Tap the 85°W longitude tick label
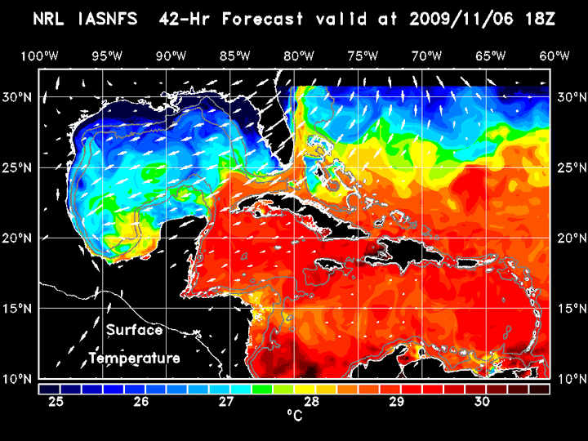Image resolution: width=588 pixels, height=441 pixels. pyautogui.click(x=234, y=56)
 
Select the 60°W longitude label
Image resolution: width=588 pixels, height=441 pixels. pyautogui.click(x=555, y=56)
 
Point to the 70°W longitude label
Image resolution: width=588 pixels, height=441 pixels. pyautogui.click(x=426, y=56)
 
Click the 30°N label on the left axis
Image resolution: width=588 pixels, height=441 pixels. pyautogui.click(x=18, y=96)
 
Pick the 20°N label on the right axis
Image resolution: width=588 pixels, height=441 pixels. pyautogui.click(x=571, y=238)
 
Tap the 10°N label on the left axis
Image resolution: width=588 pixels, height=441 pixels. pyautogui.click(x=18, y=379)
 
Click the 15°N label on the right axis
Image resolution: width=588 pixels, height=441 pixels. pyautogui.click(x=571, y=309)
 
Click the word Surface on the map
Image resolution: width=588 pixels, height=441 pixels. pyautogui.click(x=134, y=331)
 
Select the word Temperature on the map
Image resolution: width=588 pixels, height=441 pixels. pyautogui.click(x=134, y=359)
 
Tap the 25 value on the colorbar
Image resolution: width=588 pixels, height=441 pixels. pyautogui.click(x=56, y=402)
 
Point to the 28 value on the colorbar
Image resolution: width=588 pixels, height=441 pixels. pyautogui.click(x=311, y=402)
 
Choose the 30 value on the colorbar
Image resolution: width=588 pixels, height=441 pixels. pyautogui.click(x=482, y=402)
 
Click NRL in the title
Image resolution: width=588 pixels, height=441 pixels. pyautogui.click(x=49, y=18)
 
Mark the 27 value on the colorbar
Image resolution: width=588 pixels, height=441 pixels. pyautogui.click(x=226, y=402)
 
